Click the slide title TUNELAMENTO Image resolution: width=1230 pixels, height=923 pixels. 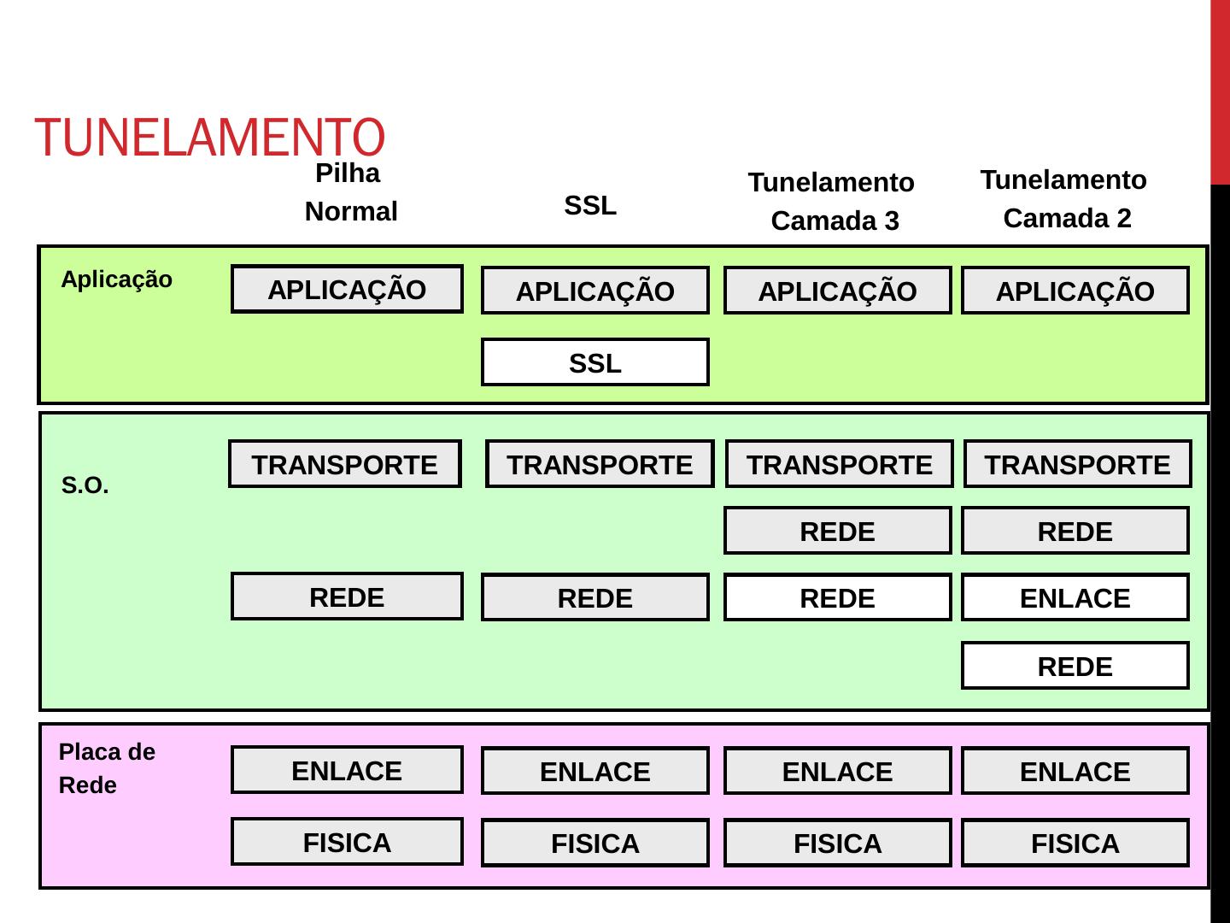coord(210,137)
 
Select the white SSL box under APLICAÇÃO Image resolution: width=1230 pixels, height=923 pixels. coord(594,363)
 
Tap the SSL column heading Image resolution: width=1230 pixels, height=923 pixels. coord(590,206)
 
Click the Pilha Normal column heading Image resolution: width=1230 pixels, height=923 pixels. coord(350,192)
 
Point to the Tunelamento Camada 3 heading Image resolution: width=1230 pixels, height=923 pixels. coord(833,202)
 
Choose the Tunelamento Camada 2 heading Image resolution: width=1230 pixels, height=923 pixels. coord(1065,199)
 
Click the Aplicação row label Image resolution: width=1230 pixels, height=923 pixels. coord(117,279)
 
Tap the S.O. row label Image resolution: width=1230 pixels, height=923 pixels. coord(85,486)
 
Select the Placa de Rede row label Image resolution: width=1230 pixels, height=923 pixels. coord(107,768)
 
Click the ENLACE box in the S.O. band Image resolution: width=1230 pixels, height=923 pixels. coord(1075,597)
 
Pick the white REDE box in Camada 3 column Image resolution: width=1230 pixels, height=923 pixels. coord(837,597)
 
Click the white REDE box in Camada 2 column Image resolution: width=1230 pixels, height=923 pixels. coord(1075,666)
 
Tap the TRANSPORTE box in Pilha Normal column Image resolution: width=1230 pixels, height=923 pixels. coord(344,464)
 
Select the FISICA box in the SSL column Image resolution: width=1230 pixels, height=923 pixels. coord(594,844)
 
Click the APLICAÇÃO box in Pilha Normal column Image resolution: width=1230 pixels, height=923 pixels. coord(347,290)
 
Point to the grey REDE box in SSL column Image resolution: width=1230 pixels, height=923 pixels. coord(594,597)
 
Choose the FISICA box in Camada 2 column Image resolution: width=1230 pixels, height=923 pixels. coord(1075,844)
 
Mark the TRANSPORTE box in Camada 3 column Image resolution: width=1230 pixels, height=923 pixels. coord(839,464)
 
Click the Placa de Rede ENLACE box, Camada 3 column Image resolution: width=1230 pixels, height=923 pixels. coord(837,772)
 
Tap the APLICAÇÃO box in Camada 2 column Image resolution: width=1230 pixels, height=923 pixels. coord(1075,291)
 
